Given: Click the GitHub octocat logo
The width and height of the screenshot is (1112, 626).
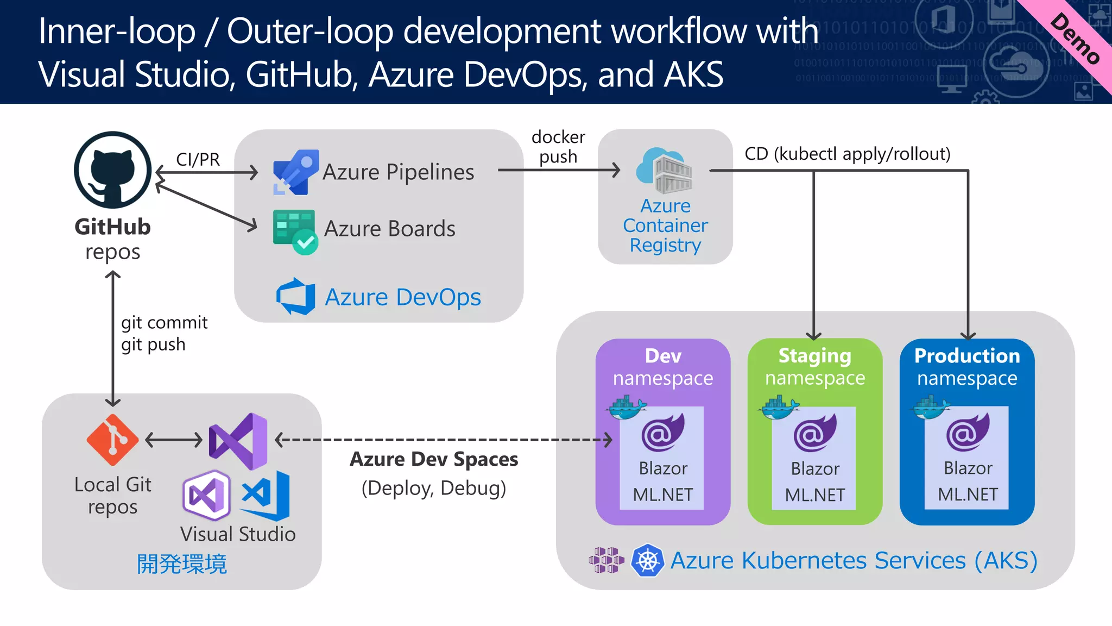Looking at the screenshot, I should [x=112, y=170].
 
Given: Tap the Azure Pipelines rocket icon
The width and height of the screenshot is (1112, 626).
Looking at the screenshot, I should [x=295, y=172].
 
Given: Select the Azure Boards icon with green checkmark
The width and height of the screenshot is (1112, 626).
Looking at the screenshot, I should [x=295, y=231].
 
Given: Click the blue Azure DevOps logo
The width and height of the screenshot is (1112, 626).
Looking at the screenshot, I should [x=296, y=297].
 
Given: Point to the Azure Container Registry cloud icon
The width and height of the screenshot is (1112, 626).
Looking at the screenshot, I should [x=664, y=171].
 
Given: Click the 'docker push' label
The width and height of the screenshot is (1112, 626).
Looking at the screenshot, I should [x=558, y=147].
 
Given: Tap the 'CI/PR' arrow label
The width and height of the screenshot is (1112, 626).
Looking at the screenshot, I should [x=198, y=159].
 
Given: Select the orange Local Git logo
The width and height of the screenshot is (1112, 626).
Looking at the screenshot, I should [x=112, y=440].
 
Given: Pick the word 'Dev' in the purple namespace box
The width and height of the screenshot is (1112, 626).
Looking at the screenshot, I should [x=663, y=356].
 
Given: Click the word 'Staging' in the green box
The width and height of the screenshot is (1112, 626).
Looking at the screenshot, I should [x=814, y=356].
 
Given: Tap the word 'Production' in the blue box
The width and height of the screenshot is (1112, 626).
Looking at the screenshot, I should [x=967, y=356].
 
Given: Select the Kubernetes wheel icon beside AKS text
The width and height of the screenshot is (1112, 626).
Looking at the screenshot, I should [x=647, y=560].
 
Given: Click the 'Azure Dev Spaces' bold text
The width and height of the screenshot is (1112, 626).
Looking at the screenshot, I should [x=434, y=459].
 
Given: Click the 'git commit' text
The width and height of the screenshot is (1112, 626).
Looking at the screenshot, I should [x=164, y=323].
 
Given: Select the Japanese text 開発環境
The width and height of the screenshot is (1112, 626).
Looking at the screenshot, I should [x=181, y=564].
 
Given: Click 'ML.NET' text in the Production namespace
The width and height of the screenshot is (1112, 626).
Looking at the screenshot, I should [x=968, y=494].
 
